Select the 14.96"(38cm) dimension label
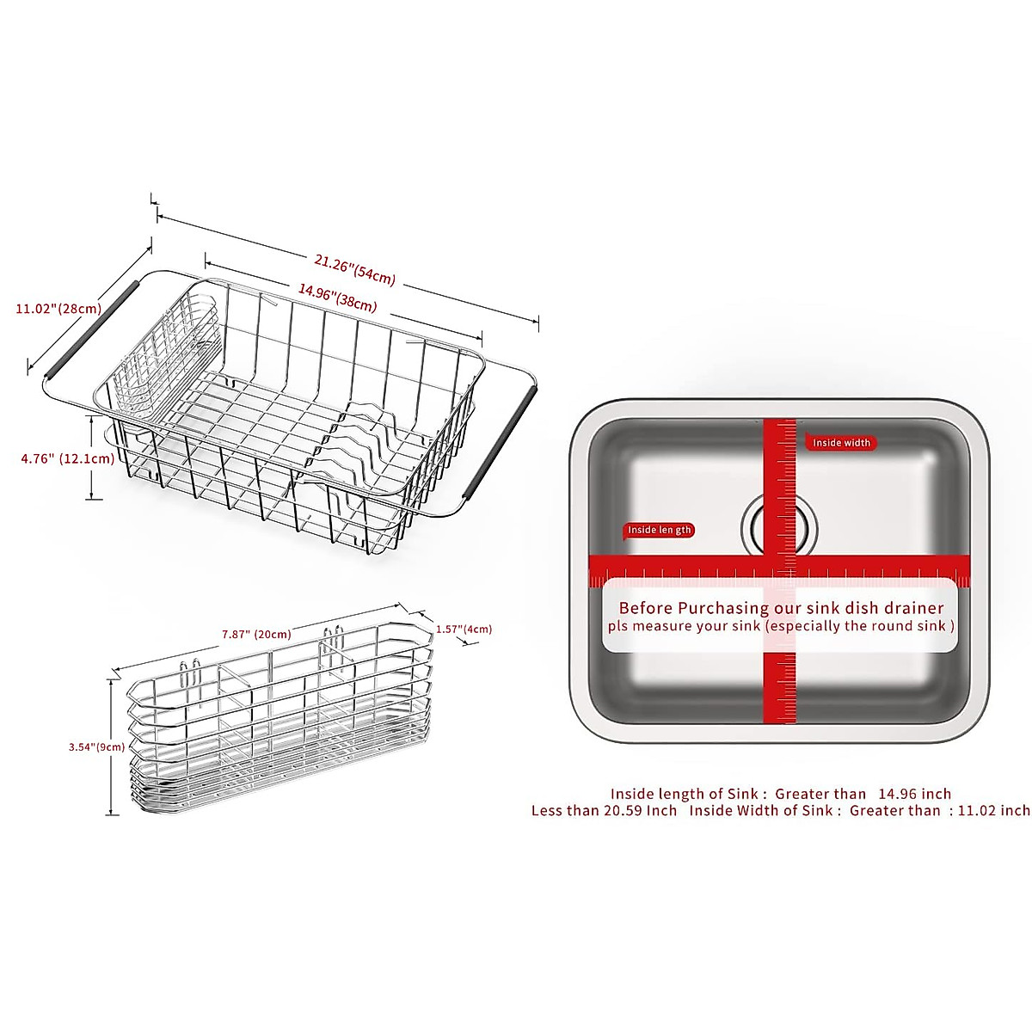pos(338,298)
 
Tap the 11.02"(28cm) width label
pos(58,308)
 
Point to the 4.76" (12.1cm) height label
pos(68,458)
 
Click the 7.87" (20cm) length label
pos(256,635)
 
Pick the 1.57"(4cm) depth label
pos(464,629)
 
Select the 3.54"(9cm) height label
pos(97,747)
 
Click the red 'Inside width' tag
pos(841,443)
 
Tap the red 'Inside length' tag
pos(659,530)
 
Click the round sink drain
pos(780,525)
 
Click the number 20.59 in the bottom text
pos(617,810)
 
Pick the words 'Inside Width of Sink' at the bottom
pos(760,810)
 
